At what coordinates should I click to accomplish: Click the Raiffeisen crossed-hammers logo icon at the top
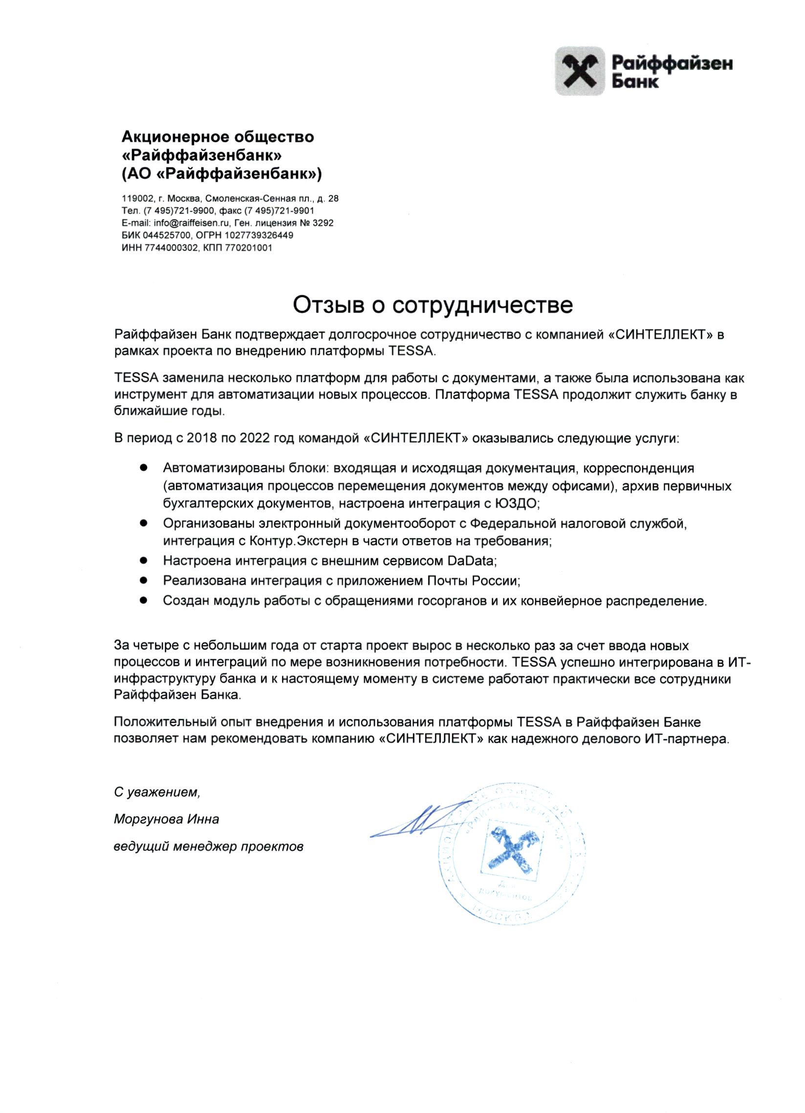[x=580, y=71]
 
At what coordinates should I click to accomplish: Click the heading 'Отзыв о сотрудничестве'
[x=432, y=305]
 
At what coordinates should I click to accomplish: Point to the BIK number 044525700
[x=164, y=236]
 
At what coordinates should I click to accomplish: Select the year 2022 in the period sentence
[x=255, y=438]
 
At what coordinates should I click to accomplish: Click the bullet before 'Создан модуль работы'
[x=144, y=600]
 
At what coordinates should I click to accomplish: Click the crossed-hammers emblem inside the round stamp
[x=510, y=849]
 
